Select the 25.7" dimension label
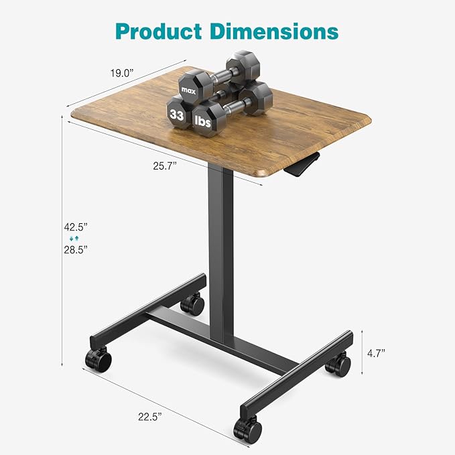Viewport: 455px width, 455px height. pos(162,166)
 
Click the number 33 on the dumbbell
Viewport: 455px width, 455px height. pos(177,115)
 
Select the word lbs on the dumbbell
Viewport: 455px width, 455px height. pos(203,121)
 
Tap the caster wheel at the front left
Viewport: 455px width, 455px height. pos(98,360)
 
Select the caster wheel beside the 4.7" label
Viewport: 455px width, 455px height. pos(338,365)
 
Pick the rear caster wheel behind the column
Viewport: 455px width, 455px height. pos(194,305)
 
